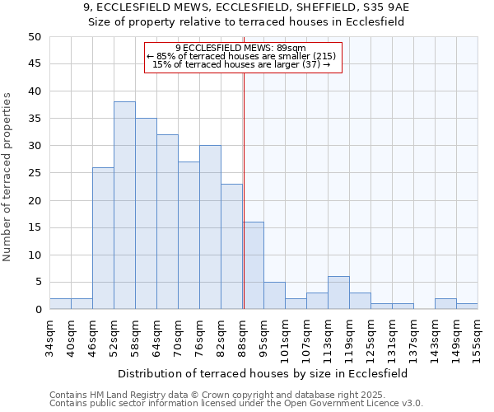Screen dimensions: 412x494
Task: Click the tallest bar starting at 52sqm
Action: pos(124,206)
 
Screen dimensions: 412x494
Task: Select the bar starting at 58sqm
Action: pos(146,214)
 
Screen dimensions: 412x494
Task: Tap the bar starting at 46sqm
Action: pos(103,239)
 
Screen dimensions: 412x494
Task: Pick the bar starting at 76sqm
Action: pos(210,227)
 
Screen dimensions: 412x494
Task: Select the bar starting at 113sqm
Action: pos(338,293)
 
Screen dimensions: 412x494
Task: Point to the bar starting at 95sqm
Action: pos(274,296)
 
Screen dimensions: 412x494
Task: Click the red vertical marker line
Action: pos(244,190)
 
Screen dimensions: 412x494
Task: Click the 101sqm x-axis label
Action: pos(285,338)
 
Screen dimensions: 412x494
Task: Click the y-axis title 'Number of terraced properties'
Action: pos(8,177)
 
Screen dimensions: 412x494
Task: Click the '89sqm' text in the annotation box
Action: pos(291,48)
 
